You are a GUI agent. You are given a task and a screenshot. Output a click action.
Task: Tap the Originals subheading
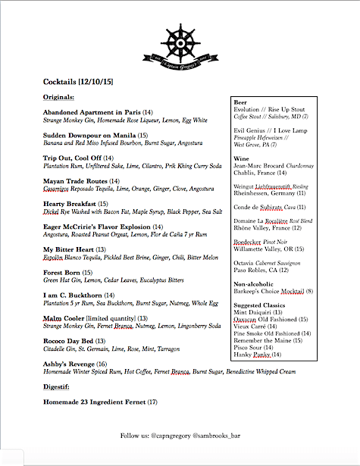click(58, 98)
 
